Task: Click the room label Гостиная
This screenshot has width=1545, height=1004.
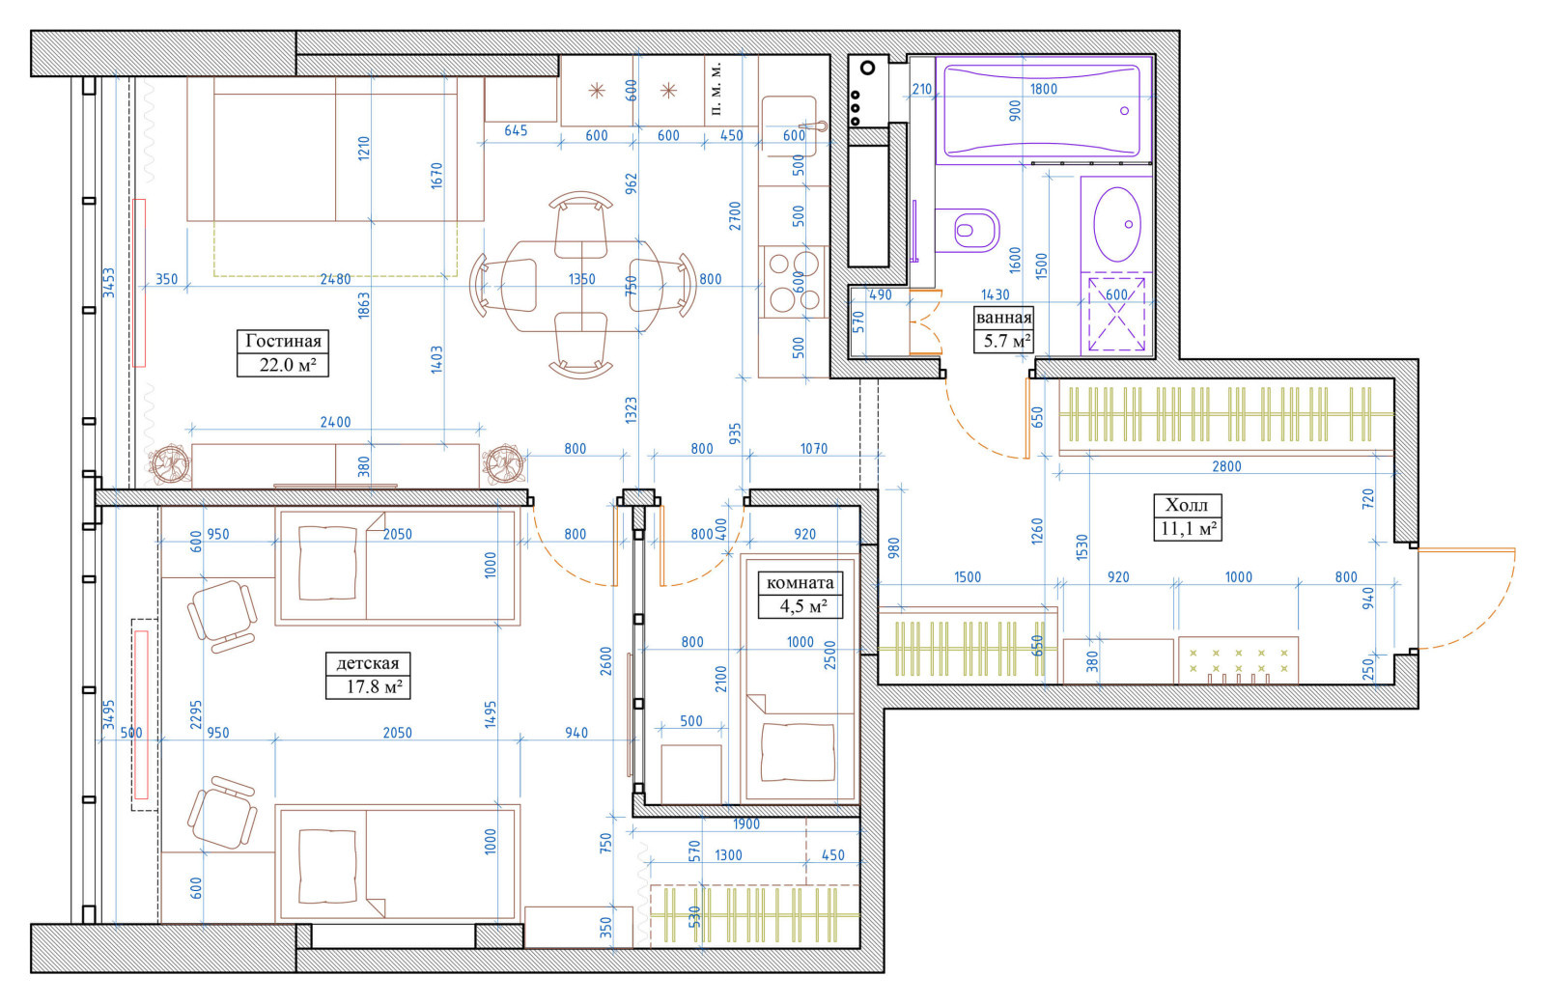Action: [x=284, y=342]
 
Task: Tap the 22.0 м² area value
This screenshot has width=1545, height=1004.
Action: [x=287, y=365]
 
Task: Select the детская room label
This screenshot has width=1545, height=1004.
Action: [x=368, y=663]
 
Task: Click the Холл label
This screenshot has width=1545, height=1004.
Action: [x=1187, y=505]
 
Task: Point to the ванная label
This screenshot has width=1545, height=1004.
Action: [x=1003, y=318]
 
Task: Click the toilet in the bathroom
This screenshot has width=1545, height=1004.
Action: [x=968, y=231]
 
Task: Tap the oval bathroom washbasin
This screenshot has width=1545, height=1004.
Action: [x=1116, y=223]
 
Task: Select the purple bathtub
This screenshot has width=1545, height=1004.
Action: [x=1043, y=110]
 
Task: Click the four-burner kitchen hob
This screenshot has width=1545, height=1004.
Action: [x=794, y=281]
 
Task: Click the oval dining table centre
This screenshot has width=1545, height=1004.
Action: [x=581, y=286]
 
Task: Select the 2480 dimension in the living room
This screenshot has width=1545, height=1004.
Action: [x=335, y=279]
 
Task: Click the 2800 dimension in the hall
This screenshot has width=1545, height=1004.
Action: [x=1227, y=466]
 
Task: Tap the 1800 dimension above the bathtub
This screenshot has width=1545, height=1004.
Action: [x=1044, y=88]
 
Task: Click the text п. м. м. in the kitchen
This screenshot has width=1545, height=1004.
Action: [x=716, y=89]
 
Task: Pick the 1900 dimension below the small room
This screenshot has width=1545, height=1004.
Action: [x=746, y=824]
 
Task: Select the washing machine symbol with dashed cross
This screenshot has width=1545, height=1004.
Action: [x=1116, y=315]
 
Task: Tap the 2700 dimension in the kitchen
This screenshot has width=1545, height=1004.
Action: [x=735, y=216]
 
